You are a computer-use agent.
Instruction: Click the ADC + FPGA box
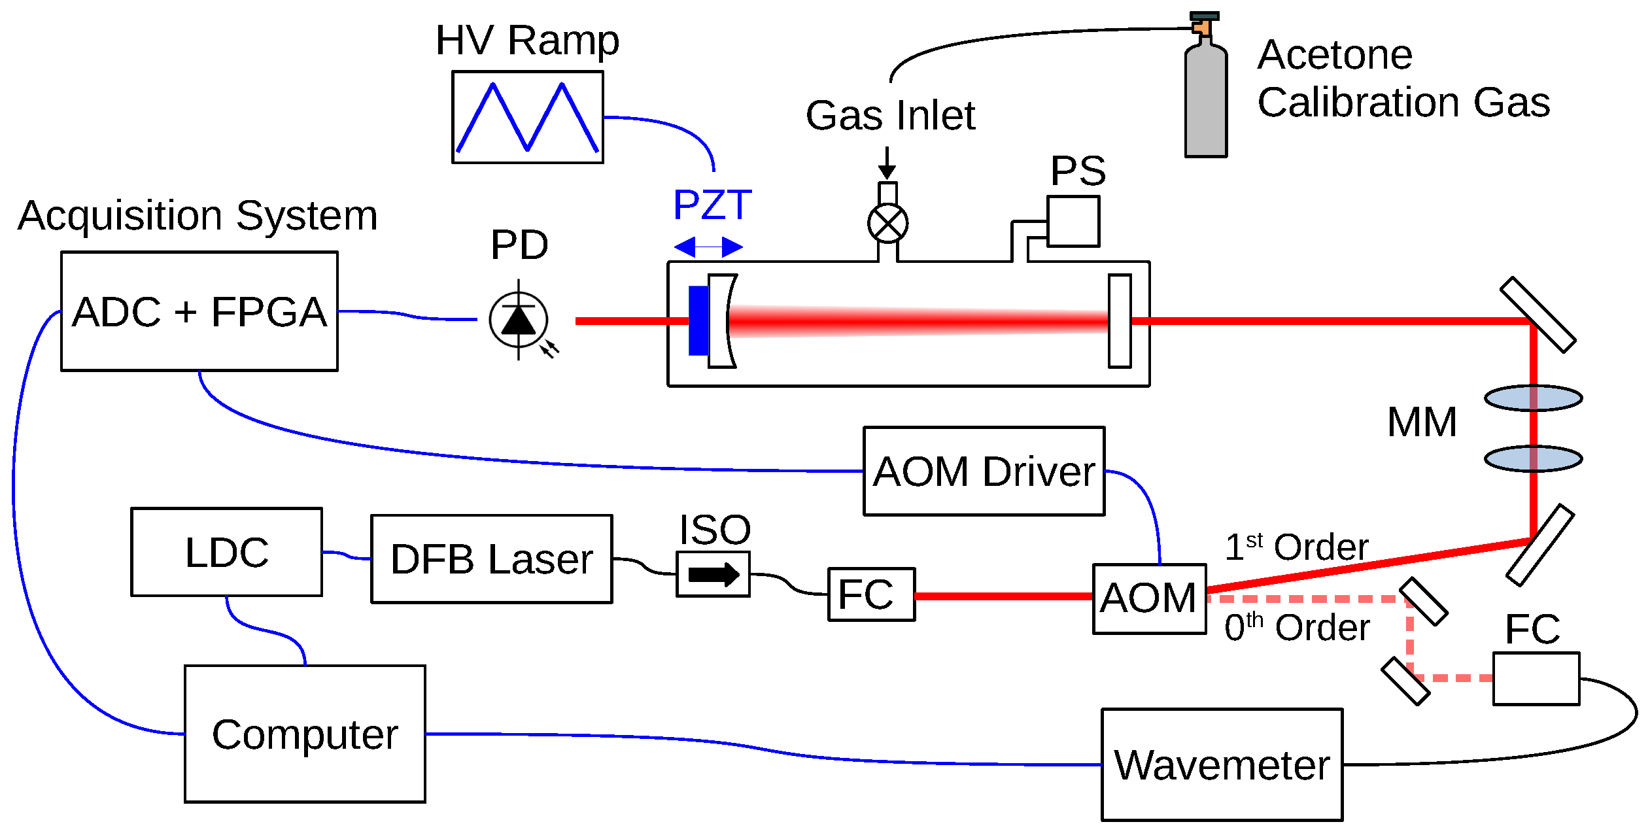pyautogui.click(x=199, y=311)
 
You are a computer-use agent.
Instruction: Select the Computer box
pyautogui.click(x=305, y=734)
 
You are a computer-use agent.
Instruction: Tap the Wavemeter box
pyautogui.click(x=1222, y=764)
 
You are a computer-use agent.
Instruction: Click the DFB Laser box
pyautogui.click(x=492, y=559)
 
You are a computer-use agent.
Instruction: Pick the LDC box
pyautogui.click(x=226, y=552)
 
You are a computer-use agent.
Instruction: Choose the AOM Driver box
pyautogui.click(x=984, y=471)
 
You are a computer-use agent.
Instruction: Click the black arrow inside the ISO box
pyautogui.click(x=713, y=575)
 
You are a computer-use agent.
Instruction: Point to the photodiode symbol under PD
pyautogui.click(x=519, y=320)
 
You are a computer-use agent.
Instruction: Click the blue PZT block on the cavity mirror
pyautogui.click(x=698, y=320)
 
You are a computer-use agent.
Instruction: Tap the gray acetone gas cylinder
pyautogui.click(x=1206, y=98)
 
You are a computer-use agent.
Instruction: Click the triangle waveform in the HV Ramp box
pyautogui.click(x=527, y=117)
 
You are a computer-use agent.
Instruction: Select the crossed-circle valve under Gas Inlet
pyautogui.click(x=887, y=224)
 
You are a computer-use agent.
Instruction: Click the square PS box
pyautogui.click(x=1073, y=221)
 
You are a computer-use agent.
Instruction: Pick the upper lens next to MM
pyautogui.click(x=1533, y=398)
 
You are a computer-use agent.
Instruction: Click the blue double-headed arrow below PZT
pyautogui.click(x=708, y=247)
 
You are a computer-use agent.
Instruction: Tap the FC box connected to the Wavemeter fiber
pyautogui.click(x=1536, y=679)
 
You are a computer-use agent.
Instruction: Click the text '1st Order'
pyautogui.click(x=1296, y=547)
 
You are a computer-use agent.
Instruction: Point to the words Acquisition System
pyautogui.click(x=198, y=215)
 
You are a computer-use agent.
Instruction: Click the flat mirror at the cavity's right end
pyautogui.click(x=1120, y=320)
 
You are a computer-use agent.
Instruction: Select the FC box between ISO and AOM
pyautogui.click(x=871, y=594)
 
